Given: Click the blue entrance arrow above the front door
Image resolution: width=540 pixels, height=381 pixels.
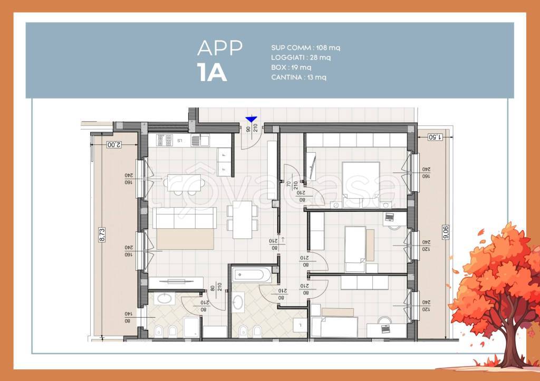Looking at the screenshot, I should [x=251, y=120].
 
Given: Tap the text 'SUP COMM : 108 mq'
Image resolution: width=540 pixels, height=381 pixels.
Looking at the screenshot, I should [x=305, y=48].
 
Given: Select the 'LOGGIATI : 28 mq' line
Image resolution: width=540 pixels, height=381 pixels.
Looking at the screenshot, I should [x=301, y=57].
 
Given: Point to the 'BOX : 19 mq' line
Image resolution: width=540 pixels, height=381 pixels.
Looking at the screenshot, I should [x=291, y=67].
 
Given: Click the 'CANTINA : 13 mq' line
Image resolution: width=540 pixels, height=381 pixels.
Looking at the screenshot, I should [x=298, y=77].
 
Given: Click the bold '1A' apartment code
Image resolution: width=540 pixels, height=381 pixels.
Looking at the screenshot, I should [x=212, y=73].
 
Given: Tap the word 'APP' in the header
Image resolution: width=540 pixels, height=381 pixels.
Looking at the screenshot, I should [x=219, y=48].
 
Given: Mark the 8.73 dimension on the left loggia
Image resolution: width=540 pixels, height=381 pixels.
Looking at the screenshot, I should [x=102, y=235].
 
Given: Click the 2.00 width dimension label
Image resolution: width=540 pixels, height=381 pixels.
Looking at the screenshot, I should [x=113, y=144].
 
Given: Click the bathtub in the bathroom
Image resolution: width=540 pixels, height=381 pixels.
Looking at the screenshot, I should [x=251, y=275].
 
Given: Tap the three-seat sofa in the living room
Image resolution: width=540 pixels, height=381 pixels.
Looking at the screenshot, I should [x=185, y=217].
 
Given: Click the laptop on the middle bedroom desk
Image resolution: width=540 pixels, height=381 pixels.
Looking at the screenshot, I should [x=390, y=217].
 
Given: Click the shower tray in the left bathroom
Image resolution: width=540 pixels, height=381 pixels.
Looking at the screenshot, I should [x=191, y=327].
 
